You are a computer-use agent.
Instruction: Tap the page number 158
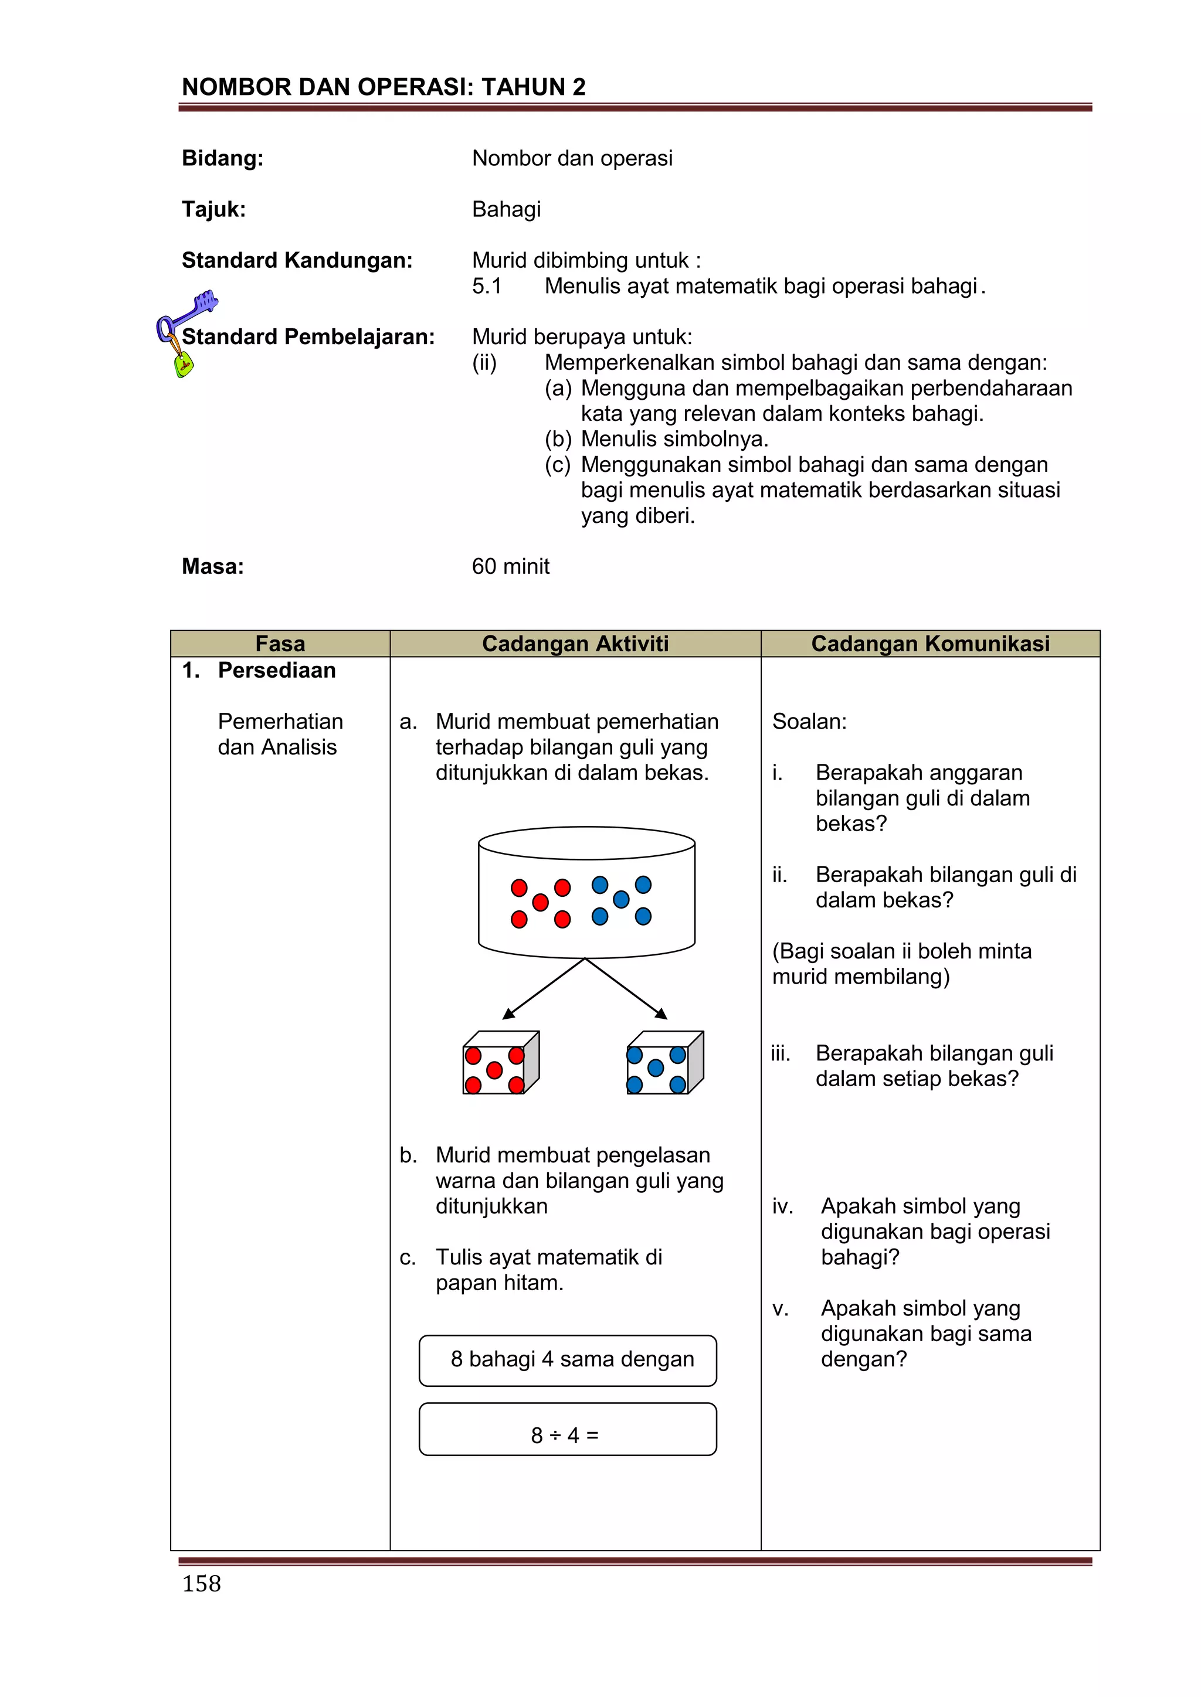pos(201,1583)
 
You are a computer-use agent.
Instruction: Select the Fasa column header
pos(280,644)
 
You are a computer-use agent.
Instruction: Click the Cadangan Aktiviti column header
pos(575,644)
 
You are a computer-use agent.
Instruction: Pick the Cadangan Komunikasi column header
pos(930,644)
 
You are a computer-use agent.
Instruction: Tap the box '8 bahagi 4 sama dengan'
pos(567,1360)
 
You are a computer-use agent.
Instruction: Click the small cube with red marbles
pos(500,1063)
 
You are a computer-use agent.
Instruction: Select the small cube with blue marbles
pos(663,1063)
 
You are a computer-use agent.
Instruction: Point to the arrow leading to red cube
pos(544,989)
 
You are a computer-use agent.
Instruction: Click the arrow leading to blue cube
pos(626,989)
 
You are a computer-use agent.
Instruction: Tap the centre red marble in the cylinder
pos(541,903)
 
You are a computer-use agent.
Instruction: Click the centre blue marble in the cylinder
pos(621,900)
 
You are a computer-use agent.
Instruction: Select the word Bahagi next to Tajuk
pos(507,209)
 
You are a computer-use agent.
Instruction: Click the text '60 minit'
pos(510,566)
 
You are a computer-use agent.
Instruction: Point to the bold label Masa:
pos(213,566)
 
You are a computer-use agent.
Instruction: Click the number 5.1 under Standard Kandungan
pos(487,286)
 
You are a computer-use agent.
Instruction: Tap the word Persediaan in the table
pos(277,671)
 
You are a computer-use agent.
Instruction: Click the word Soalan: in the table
pos(809,722)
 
